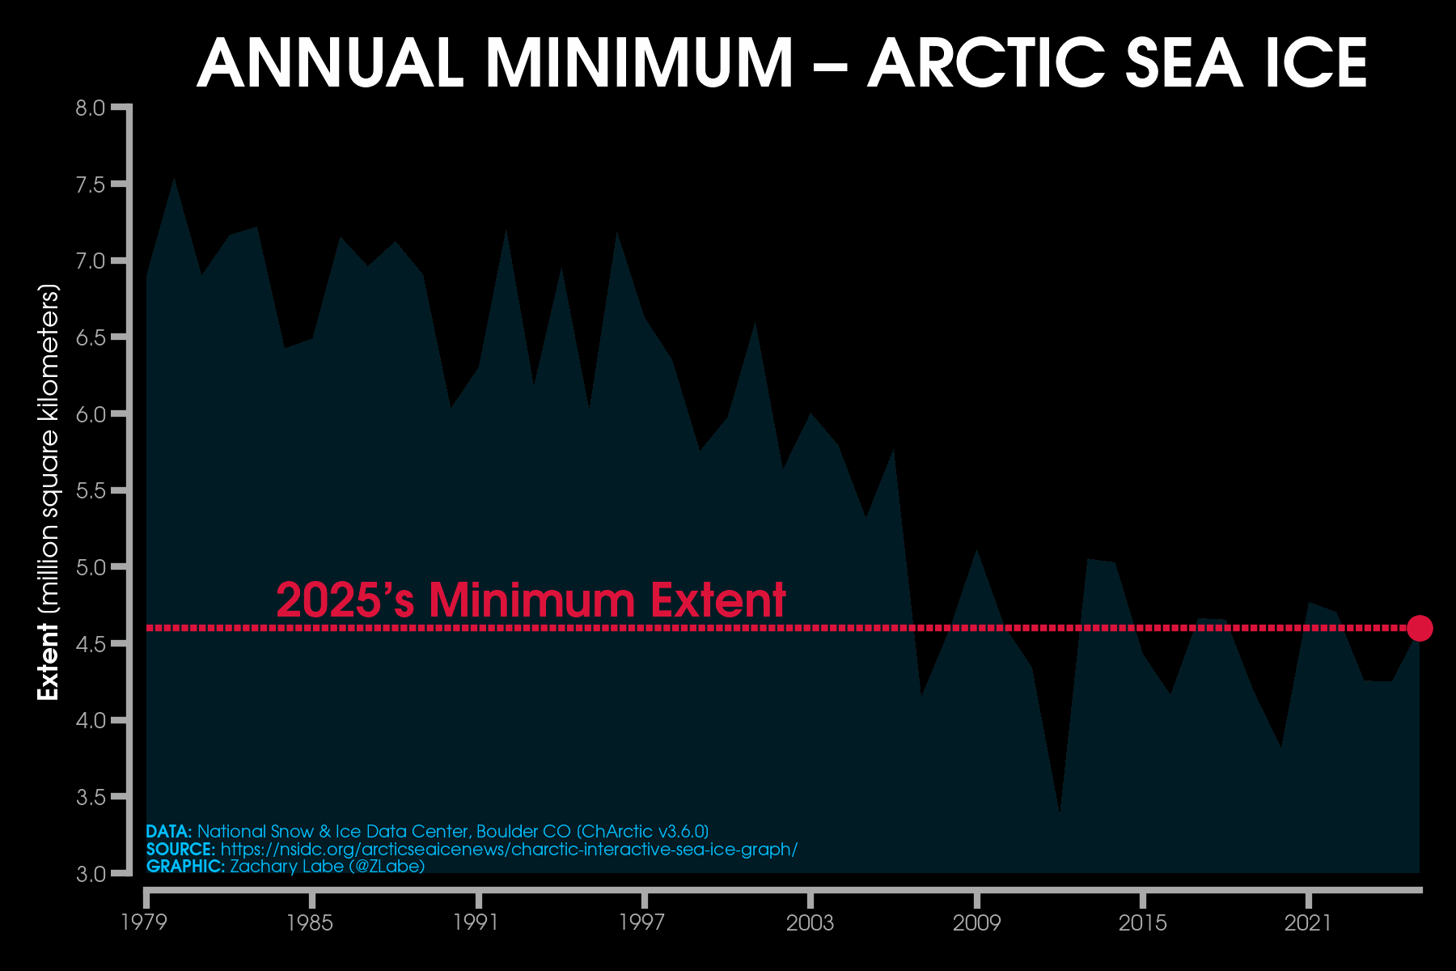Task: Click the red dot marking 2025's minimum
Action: tap(1420, 628)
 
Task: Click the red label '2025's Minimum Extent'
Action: tap(531, 600)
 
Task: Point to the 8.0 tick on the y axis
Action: tap(91, 108)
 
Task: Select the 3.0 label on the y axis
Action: tap(91, 874)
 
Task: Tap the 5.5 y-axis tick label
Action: tap(91, 491)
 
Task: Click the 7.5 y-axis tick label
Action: tap(91, 184)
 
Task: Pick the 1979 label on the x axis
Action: tap(144, 923)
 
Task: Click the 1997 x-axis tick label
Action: tap(642, 923)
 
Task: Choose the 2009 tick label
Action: tap(976, 923)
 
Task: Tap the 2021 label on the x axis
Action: tap(1308, 923)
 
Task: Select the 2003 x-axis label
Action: tap(810, 923)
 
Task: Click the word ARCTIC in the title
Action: tap(987, 63)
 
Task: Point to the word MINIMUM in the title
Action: tap(639, 63)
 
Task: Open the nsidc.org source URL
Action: tap(509, 850)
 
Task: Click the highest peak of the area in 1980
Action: tap(174, 180)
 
